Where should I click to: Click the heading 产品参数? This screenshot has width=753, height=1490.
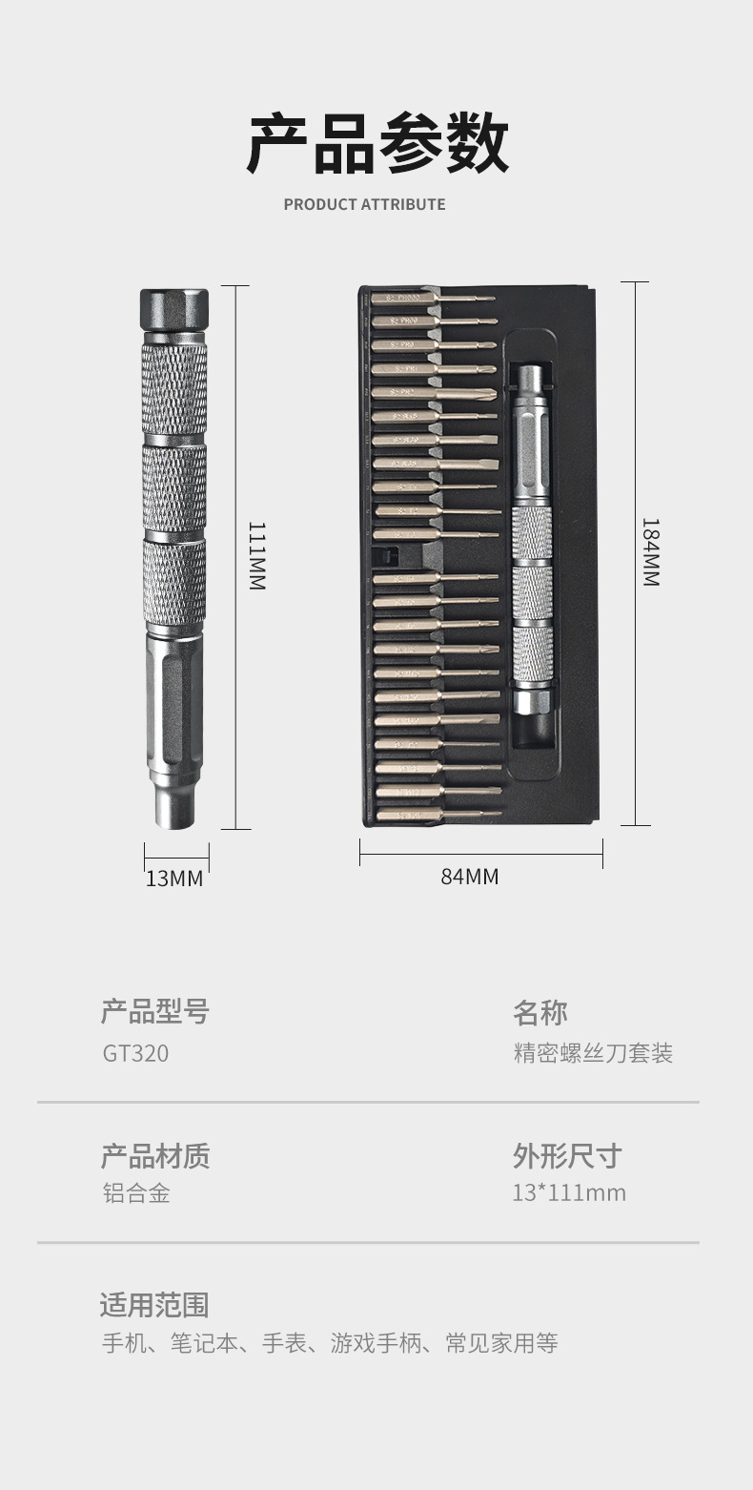tap(377, 143)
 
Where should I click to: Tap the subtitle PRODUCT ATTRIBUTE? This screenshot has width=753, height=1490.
tap(364, 204)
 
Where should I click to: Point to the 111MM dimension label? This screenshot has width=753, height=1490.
tap(256, 555)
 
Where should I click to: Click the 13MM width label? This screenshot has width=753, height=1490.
tap(174, 879)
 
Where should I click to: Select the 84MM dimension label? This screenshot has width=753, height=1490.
tap(469, 877)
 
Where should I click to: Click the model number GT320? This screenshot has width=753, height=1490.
tap(135, 1053)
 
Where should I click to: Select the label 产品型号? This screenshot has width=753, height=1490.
tap(154, 1011)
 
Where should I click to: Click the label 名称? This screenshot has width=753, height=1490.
tap(539, 1012)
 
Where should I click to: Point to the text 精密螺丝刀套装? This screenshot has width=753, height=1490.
tap(593, 1053)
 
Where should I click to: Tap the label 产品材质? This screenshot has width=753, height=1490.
tap(154, 1156)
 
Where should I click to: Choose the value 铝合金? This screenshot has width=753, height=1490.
tap(136, 1192)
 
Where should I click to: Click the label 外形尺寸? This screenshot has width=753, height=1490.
tap(566, 1156)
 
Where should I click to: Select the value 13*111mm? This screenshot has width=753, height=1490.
tap(568, 1192)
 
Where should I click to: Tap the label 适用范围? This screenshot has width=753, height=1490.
tap(153, 1305)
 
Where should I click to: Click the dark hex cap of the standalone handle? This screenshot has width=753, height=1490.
tap(174, 309)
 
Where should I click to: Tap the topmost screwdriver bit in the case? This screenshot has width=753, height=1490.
tap(433, 299)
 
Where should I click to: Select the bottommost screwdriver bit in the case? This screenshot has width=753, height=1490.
tap(438, 815)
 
